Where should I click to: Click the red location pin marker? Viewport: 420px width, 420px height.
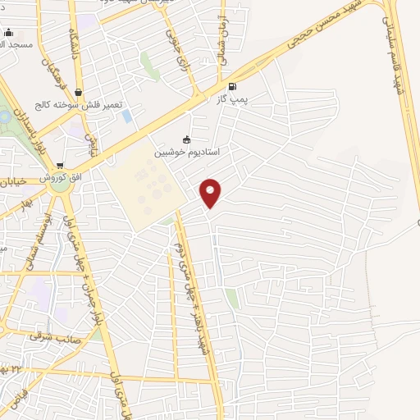211,193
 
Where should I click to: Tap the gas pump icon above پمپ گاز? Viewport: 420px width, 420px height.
232,86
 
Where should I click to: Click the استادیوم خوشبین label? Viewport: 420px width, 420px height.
189,153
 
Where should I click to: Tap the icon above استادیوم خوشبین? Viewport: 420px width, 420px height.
187,139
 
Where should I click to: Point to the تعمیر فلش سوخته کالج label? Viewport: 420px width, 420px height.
66,105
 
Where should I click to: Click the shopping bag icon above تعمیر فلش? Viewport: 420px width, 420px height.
77,93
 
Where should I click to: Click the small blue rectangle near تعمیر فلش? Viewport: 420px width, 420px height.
126,116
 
